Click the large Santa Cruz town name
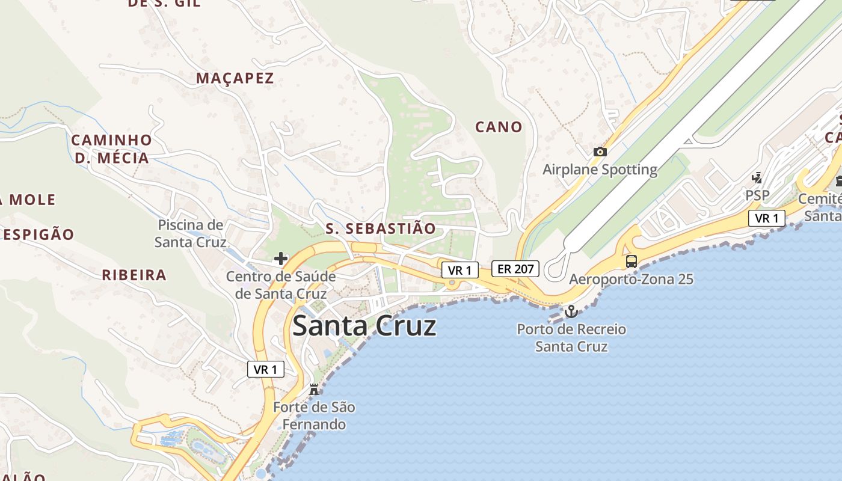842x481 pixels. (x=364, y=326)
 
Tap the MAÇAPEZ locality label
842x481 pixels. (x=235, y=78)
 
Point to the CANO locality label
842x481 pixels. (x=499, y=127)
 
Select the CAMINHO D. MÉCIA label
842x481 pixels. (x=111, y=149)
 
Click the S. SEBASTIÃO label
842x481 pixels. (x=380, y=228)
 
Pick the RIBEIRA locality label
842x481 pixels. (x=134, y=275)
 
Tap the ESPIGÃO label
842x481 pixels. (x=38, y=234)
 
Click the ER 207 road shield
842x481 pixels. (x=515, y=269)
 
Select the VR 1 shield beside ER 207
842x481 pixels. (x=460, y=271)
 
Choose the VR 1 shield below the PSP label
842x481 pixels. (x=767, y=218)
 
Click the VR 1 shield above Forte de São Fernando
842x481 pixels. (x=266, y=369)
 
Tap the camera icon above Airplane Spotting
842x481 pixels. (x=600, y=152)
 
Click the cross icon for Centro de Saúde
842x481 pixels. (x=281, y=259)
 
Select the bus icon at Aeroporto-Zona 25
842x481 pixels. (x=631, y=262)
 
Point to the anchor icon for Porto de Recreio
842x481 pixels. (x=571, y=311)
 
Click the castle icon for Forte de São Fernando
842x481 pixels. (x=313, y=390)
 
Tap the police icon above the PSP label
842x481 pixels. (x=757, y=178)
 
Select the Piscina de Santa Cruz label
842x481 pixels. (x=190, y=234)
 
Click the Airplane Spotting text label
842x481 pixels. (x=600, y=170)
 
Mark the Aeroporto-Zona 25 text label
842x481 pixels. (x=631, y=280)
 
